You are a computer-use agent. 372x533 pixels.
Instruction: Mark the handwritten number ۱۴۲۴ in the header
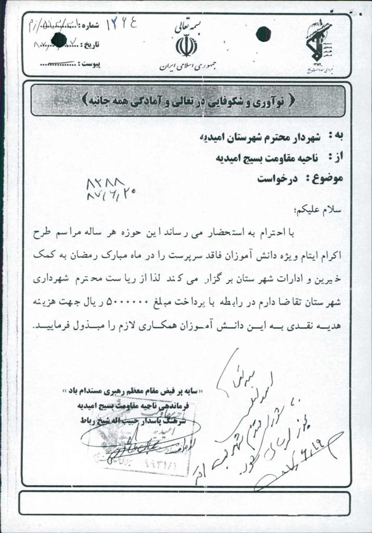123,24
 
